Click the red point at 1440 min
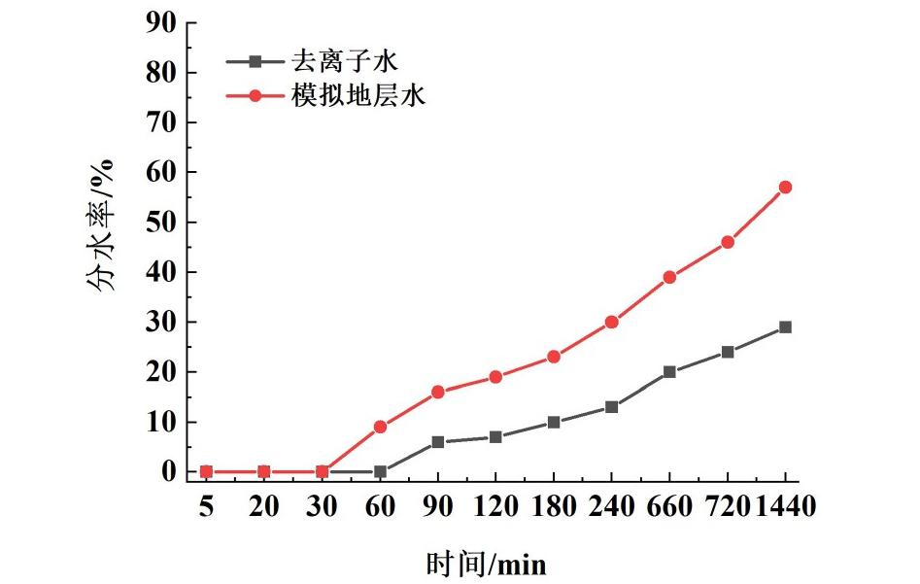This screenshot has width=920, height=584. [785, 188]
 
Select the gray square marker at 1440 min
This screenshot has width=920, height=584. [785, 327]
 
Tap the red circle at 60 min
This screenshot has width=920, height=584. [380, 427]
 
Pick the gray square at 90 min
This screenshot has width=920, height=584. [438, 442]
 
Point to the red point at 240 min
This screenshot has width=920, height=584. [612, 322]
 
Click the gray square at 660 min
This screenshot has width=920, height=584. [669, 372]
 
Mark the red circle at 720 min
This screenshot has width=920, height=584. [728, 242]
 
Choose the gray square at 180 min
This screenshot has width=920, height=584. [554, 423]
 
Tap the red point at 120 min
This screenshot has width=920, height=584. [495, 377]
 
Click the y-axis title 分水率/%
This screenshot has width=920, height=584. [102, 224]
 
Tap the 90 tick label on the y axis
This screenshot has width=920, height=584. [160, 22]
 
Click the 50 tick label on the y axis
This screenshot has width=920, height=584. [160, 223]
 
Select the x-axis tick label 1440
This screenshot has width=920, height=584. [786, 505]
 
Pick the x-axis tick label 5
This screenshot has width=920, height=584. [206, 505]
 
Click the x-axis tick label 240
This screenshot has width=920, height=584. [612, 505]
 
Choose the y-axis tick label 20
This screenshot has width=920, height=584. [160, 372]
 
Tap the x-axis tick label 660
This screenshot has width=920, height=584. [669, 505]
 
